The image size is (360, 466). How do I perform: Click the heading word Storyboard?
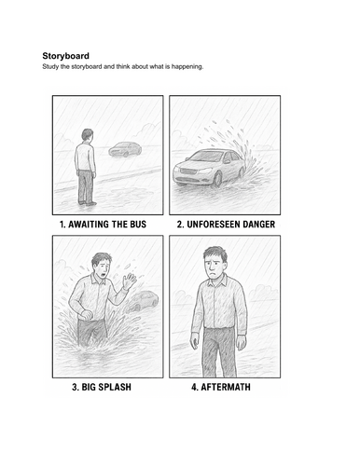65,56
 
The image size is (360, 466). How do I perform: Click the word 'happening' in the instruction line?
187,66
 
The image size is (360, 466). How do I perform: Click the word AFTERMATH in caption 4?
226,387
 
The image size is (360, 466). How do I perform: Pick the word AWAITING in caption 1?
89,225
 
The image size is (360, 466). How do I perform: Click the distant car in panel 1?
125,149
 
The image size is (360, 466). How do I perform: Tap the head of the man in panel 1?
88,135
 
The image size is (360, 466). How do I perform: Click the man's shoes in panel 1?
88,203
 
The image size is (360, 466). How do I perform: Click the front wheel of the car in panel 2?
217,179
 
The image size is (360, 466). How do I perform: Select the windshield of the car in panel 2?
207,157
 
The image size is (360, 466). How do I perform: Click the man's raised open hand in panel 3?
129,281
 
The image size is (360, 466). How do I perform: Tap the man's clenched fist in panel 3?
87,315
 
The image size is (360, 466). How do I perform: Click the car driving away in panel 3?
144,301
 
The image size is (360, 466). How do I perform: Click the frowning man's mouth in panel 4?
213,275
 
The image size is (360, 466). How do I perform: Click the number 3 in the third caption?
75,387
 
